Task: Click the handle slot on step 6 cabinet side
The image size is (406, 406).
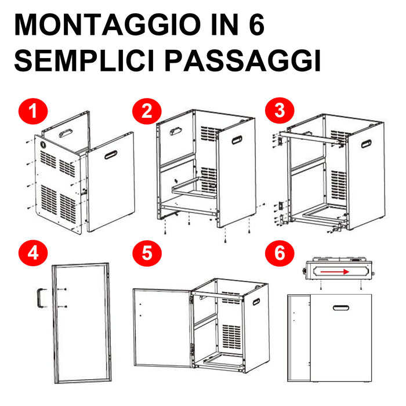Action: pos(343,306)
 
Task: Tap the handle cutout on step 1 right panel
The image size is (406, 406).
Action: pos(110,154)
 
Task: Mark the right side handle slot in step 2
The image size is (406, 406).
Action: pos(237,140)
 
